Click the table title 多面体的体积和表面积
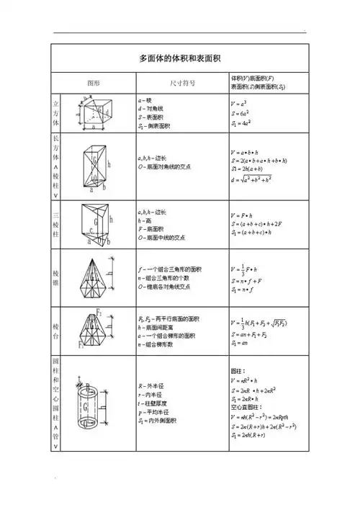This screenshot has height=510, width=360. pyautogui.click(x=179, y=58)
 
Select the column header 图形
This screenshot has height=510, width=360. pyautogui.click(x=94, y=82)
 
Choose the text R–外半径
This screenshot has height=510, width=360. pyautogui.click(x=153, y=386)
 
